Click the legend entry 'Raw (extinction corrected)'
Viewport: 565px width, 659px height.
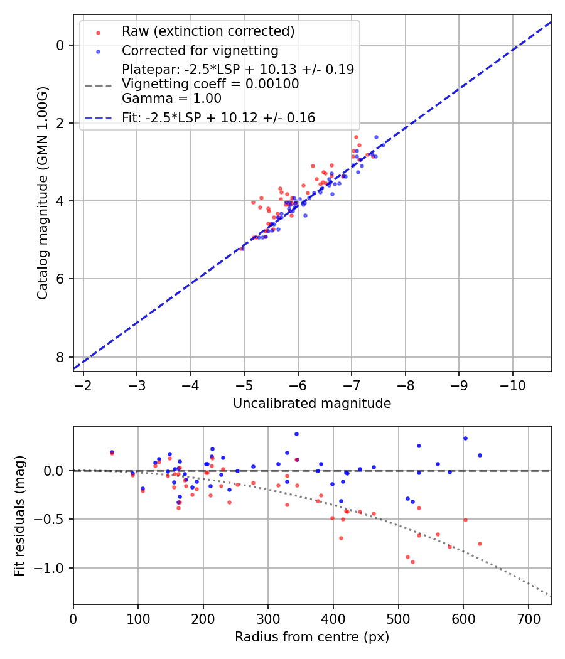pyautogui.click(x=208, y=31)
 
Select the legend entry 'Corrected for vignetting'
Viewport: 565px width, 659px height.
pyautogui.click(x=200, y=50)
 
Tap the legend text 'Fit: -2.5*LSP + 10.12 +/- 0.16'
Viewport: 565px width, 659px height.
pyautogui.click(x=218, y=117)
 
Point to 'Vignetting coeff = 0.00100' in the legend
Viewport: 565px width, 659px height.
pyautogui.click(x=210, y=84)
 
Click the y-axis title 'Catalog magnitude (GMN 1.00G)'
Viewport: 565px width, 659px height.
pyautogui.click(x=42, y=193)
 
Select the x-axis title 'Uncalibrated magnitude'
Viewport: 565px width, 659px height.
pyautogui.click(x=312, y=404)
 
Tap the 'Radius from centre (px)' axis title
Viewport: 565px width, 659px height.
pyautogui.click(x=312, y=637)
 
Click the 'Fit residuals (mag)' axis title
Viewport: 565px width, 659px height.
pyautogui.click(x=19, y=515)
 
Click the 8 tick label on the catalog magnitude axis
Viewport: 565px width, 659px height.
pyautogui.click(x=60, y=357)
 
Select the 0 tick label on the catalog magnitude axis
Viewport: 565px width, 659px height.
pyautogui.click(x=60, y=45)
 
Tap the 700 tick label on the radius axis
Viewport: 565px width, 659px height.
pyautogui.click(x=528, y=619)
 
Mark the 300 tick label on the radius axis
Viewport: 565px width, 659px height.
pyautogui.click(x=268, y=619)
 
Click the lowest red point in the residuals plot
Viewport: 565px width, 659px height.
pyautogui.click(x=412, y=562)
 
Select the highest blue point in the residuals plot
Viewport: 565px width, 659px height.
pyautogui.click(x=296, y=434)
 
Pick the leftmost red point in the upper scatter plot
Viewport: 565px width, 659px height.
pyautogui.click(x=242, y=249)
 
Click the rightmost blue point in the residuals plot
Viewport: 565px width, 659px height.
pyautogui.click(x=480, y=455)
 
